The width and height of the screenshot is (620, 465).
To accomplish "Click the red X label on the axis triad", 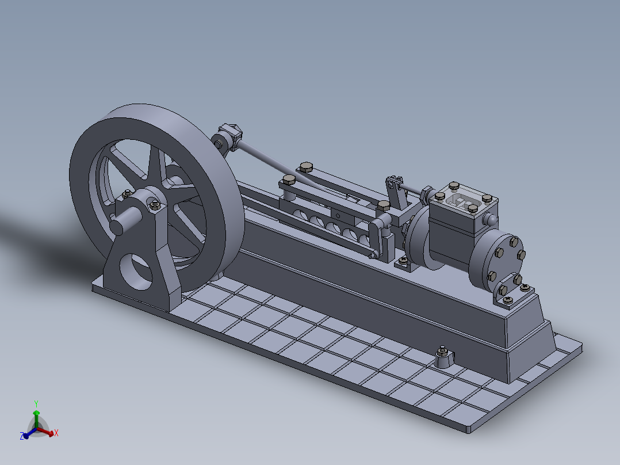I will [56, 433].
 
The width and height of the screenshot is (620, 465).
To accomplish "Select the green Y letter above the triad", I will [36, 403].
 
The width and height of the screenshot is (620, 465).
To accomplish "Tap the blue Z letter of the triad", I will [22, 437].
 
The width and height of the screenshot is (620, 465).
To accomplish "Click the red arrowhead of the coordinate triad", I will [51, 433].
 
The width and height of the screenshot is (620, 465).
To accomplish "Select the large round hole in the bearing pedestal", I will [137, 271].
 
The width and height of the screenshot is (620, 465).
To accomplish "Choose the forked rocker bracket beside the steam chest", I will [395, 193].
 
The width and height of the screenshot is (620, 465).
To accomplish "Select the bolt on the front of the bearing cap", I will [154, 204].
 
